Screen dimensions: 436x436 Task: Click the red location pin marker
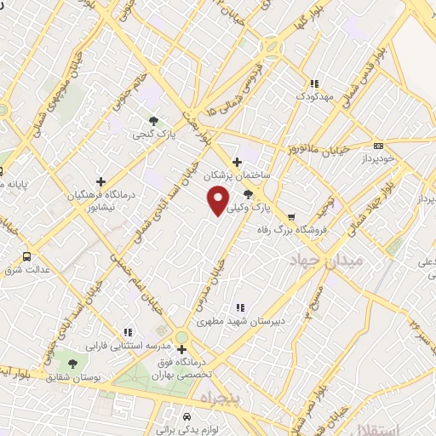click(x=219, y=199)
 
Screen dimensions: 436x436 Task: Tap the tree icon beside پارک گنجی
click(x=153, y=121)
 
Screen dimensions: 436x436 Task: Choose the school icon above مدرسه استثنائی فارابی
click(x=127, y=332)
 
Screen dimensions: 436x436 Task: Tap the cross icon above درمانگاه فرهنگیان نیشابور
click(x=101, y=181)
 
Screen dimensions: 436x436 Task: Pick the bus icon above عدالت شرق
click(x=26, y=255)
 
